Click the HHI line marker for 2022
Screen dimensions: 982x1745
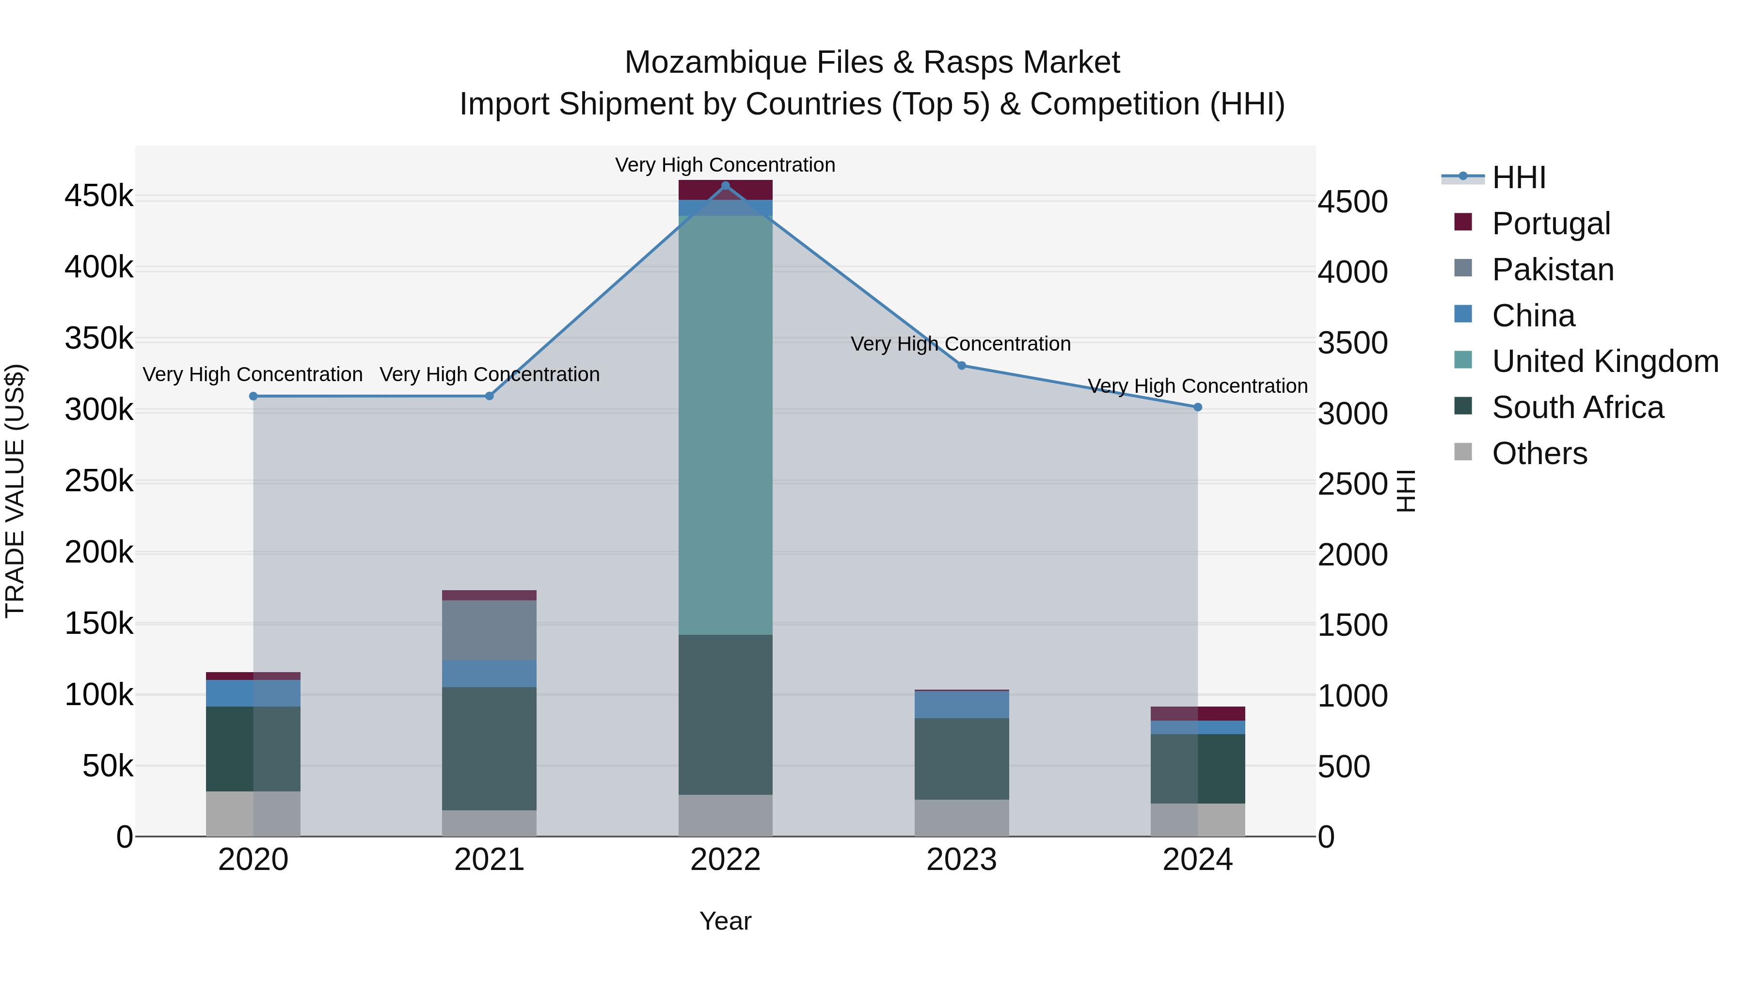point(726,186)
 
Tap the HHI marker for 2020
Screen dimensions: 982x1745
point(254,397)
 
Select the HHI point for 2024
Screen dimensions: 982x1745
point(1198,407)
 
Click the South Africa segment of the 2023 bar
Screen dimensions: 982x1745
point(961,758)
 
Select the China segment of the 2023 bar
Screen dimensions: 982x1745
point(961,705)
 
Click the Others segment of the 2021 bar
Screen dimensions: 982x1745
point(489,823)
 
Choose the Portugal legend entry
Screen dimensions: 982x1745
point(1551,224)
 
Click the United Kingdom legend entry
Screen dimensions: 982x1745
point(1605,361)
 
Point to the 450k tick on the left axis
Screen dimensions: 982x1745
point(99,196)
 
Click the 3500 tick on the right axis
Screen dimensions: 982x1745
point(1352,343)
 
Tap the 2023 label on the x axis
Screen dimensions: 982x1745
point(961,860)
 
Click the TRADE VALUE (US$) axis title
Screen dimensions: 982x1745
point(15,491)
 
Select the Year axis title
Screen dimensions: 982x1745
point(726,921)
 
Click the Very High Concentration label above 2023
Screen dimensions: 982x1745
point(961,344)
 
